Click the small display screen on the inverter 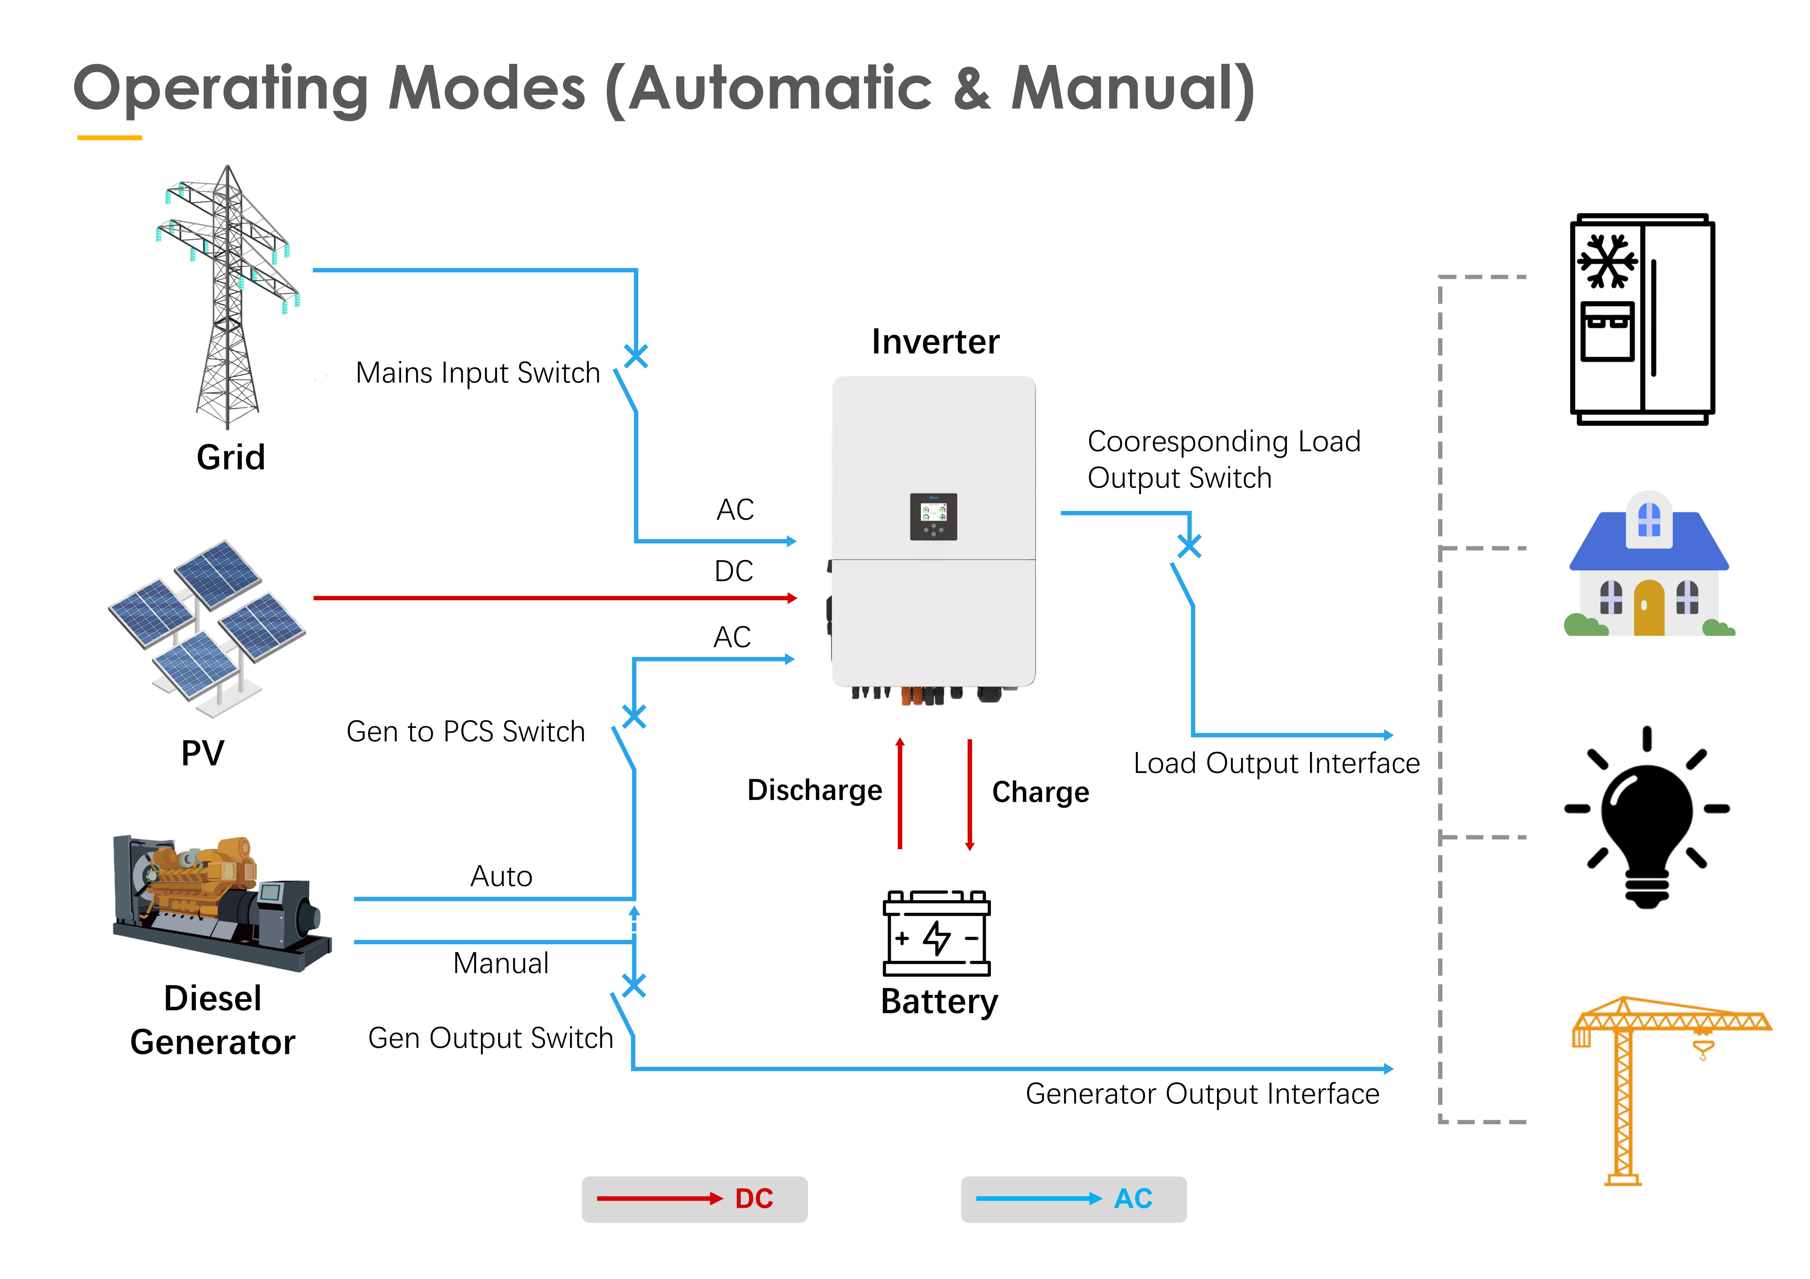934,516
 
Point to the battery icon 937,934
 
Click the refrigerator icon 1642,319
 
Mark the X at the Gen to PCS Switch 634,716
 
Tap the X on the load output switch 1189,545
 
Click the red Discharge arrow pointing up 900,792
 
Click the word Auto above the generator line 501,876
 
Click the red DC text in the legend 754,1199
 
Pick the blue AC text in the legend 1133,1199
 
